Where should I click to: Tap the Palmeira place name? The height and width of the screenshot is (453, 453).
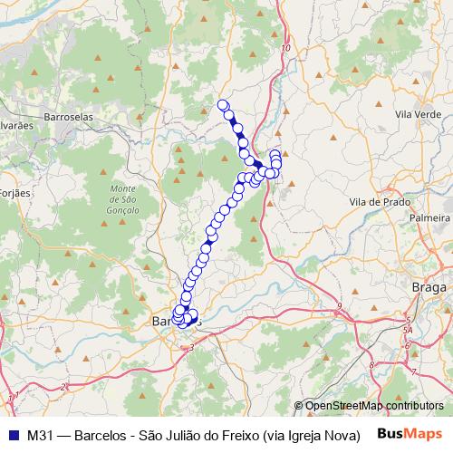[x=429, y=218]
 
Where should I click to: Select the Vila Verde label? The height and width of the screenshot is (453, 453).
[x=418, y=114]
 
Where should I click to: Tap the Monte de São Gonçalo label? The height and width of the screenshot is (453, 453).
[x=122, y=198]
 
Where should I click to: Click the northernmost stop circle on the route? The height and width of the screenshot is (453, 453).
[x=223, y=105]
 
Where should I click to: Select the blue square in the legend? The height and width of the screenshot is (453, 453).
[x=11, y=434]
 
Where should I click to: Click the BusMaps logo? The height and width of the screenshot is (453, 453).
[x=409, y=434]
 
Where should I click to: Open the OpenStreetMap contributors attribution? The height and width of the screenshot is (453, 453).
[x=374, y=406]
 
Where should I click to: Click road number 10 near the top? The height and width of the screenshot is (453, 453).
[x=286, y=48]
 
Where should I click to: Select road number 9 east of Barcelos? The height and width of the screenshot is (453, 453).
[x=338, y=306]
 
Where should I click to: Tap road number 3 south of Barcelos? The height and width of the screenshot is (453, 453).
[x=192, y=357]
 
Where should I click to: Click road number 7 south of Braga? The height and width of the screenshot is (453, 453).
[x=413, y=371]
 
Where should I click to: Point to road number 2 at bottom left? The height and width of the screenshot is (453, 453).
[x=63, y=386]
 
